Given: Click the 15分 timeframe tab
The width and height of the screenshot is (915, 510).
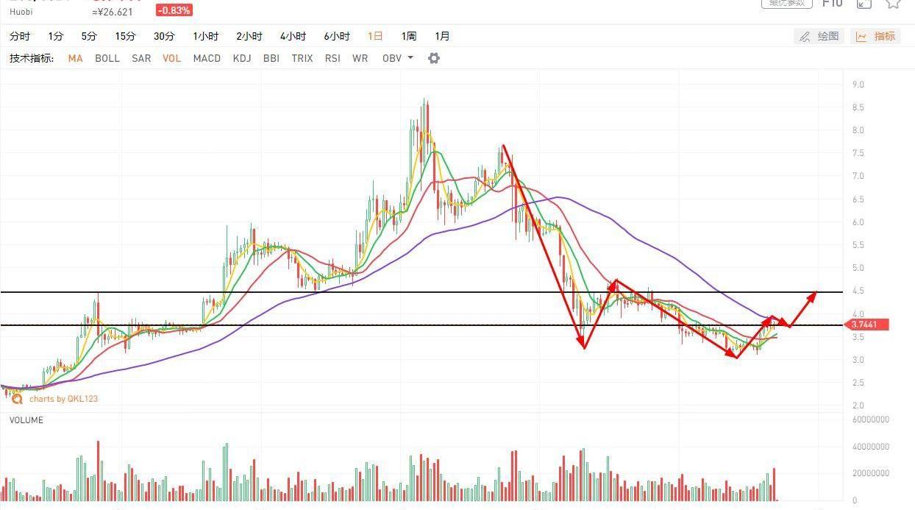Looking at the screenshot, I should click(125, 36).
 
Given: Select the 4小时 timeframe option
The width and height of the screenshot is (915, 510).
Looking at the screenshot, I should click(293, 36).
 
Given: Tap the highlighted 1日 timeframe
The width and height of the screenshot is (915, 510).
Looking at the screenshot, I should click(375, 36).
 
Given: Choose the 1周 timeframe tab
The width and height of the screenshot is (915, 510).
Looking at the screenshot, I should click(409, 36).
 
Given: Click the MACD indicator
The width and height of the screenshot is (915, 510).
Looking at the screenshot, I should click(207, 58).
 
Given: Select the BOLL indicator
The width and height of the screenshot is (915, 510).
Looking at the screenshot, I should click(107, 58).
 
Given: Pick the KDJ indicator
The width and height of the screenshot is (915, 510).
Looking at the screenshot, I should click(241, 58).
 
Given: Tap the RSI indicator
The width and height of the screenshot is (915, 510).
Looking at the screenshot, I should click(332, 58).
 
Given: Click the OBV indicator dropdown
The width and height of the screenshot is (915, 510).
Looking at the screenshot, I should click(397, 58).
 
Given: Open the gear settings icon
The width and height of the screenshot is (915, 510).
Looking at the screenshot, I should click(434, 58).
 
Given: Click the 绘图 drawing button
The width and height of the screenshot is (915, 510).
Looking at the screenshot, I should click(819, 36).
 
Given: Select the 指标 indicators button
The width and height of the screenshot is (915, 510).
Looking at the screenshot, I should click(876, 36).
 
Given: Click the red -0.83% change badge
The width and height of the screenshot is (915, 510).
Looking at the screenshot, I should click(174, 10).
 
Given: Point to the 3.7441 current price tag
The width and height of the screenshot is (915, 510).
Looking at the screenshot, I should click(868, 325).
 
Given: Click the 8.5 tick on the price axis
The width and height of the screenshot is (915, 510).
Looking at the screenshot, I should click(858, 107).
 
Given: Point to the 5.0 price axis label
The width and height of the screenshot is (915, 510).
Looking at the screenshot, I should click(858, 268).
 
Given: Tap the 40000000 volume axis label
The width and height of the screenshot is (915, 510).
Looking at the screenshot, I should click(871, 447).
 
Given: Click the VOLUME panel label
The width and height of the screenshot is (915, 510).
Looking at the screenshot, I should click(26, 420).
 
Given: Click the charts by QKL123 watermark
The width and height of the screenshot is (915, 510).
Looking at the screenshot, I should click(63, 399).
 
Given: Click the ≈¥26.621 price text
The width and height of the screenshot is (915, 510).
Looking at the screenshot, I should click(113, 12).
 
